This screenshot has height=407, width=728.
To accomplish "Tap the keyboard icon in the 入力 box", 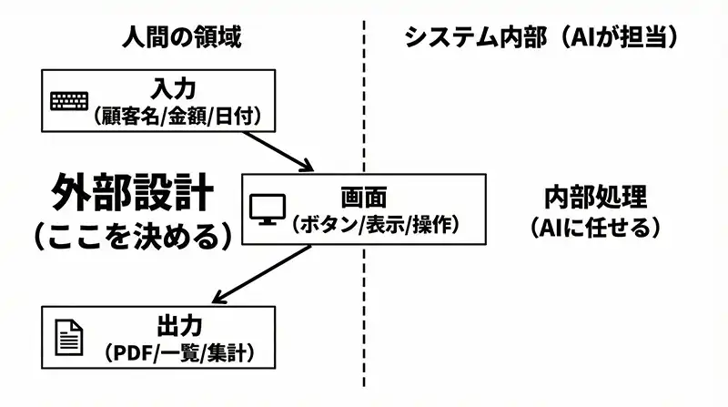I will pyautogui.click(x=71, y=100).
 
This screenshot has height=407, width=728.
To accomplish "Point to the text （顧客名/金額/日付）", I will pyautogui.click(x=178, y=116).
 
